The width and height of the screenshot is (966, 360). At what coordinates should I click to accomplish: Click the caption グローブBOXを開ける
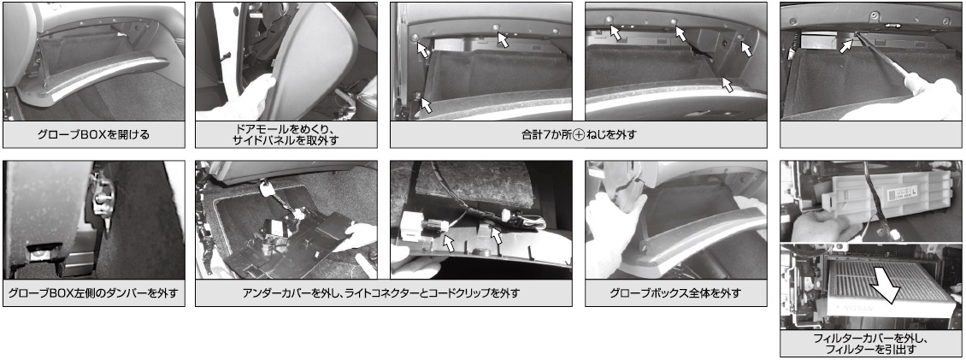point(94,133)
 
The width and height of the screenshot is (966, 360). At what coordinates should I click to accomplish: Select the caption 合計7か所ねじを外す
point(578,134)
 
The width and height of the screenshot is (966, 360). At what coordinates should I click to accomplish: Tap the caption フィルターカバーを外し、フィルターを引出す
point(872,344)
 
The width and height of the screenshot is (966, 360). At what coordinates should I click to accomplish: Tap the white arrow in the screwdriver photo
point(846,44)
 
